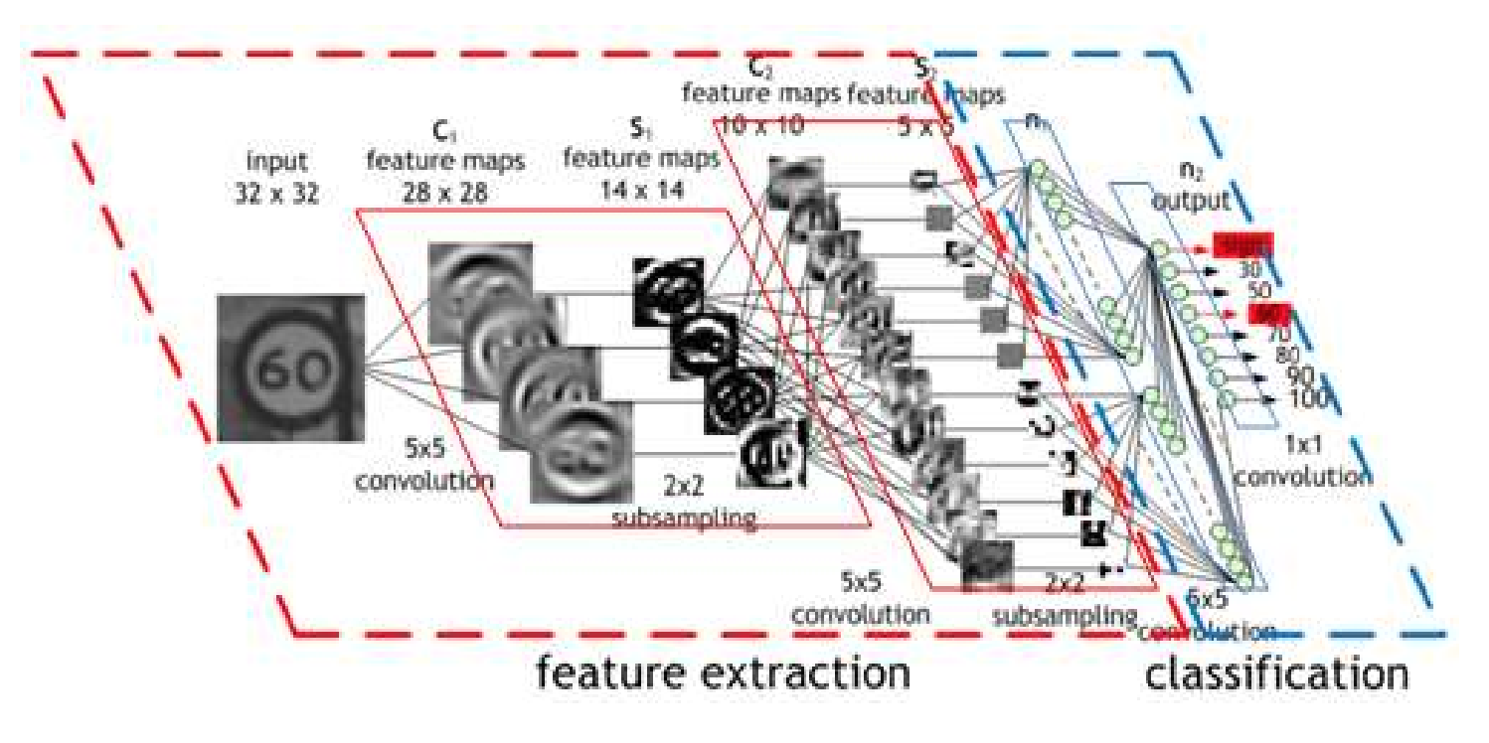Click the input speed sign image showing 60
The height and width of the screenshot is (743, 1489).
290,368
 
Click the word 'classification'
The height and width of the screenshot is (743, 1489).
1276,674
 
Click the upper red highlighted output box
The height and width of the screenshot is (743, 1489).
1241,244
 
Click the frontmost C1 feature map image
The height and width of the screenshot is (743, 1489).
581,452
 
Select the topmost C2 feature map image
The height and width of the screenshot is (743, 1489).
795,181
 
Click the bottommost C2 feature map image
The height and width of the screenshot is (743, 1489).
987,566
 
